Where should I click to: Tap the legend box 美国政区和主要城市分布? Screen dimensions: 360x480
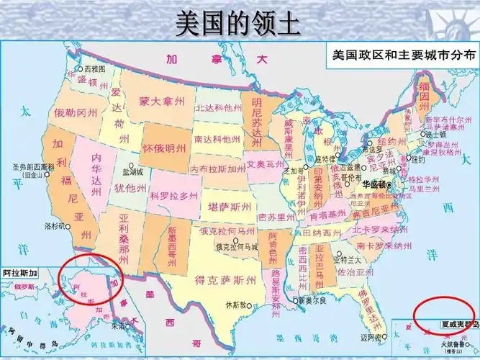coord(400,55)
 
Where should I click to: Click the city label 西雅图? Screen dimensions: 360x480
coord(94,69)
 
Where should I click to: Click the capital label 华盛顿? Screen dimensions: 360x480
coord(375,185)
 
